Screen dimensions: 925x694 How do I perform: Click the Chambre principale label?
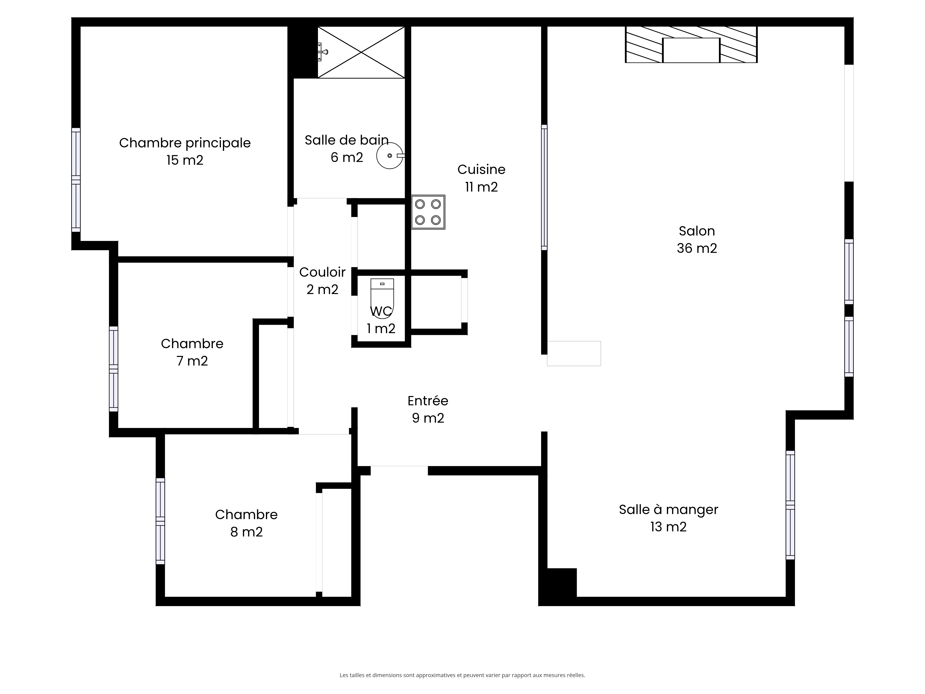(185, 143)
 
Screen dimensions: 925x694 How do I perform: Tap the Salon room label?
(697, 231)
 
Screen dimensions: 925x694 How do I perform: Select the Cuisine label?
(481, 169)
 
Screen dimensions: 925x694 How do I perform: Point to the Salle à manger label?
(668, 510)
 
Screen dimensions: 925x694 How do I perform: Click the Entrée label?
(428, 401)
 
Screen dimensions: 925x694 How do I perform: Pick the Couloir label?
(322, 272)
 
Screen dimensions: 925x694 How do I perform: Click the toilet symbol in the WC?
(382, 298)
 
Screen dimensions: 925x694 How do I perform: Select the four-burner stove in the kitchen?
(428, 212)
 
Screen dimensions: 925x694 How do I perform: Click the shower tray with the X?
(361, 52)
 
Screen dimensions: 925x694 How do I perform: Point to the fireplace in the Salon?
(691, 44)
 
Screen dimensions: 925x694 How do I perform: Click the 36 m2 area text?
(697, 248)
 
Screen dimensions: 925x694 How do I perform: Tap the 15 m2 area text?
(185, 160)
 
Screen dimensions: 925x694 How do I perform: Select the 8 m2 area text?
(246, 532)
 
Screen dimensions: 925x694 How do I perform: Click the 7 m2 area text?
(192, 361)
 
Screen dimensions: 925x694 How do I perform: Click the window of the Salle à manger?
(790, 505)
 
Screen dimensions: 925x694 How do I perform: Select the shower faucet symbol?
(322, 52)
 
